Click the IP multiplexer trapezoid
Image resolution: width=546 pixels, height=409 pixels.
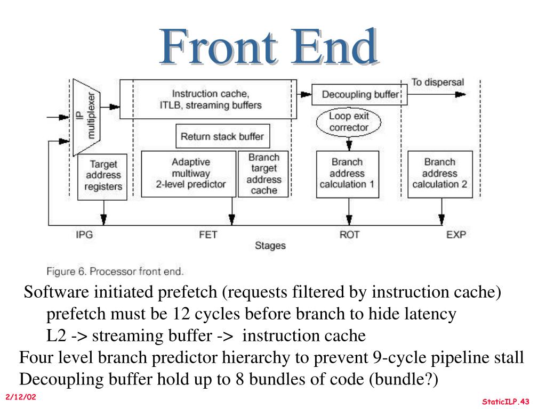click(86, 117)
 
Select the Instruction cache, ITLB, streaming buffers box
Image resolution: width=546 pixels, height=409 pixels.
click(208, 99)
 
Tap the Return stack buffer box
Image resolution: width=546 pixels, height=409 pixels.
click(222, 136)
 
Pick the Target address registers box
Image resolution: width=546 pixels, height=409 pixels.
click(102, 177)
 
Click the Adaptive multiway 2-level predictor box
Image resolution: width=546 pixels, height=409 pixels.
click(189, 174)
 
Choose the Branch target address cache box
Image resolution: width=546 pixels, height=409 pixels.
click(263, 174)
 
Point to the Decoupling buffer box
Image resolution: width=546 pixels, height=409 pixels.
click(359, 95)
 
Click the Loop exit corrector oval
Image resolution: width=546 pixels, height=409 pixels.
click(349, 122)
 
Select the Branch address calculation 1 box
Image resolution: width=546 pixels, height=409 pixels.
click(348, 174)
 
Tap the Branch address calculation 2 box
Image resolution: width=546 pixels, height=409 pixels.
click(440, 174)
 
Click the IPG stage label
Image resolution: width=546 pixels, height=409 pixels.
click(84, 235)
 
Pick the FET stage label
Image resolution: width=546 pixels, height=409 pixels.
click(208, 235)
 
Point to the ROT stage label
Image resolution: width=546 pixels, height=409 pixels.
click(349, 235)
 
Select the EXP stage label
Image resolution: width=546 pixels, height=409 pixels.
click(456, 235)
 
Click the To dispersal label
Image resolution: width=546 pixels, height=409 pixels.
click(438, 83)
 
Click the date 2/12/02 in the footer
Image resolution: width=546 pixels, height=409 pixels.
click(21, 397)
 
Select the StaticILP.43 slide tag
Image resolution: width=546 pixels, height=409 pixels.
click(505, 402)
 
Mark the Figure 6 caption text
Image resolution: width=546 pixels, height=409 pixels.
click(115, 271)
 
